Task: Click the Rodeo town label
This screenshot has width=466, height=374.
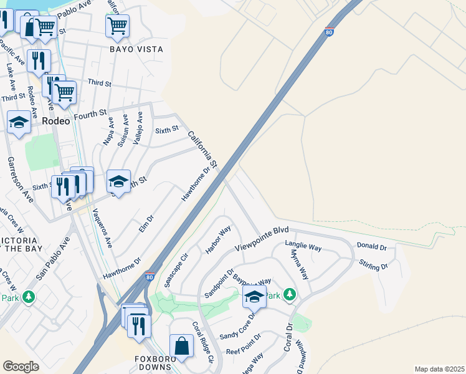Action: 55,122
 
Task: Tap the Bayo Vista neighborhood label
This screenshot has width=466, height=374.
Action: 136,49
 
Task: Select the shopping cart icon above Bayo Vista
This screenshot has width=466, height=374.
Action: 117,26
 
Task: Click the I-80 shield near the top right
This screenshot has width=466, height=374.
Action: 328,32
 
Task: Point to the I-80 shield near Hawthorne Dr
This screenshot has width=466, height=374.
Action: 149,276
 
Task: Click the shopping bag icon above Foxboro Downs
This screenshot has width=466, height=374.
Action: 181,346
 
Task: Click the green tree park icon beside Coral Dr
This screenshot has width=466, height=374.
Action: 290,294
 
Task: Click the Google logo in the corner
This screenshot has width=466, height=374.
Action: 21,367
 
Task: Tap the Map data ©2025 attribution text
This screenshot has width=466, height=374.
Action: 439,369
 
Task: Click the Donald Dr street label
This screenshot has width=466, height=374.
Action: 372,246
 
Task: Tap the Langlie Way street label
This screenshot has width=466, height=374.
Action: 303,247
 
